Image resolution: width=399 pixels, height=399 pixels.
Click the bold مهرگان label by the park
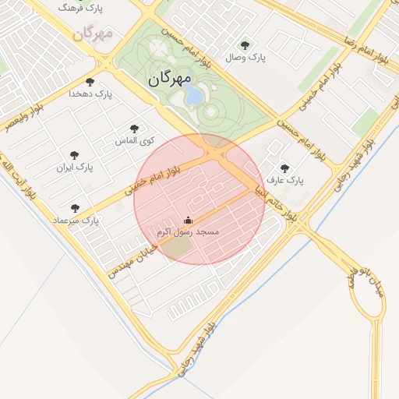168,79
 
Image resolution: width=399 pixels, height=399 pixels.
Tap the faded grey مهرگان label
93,34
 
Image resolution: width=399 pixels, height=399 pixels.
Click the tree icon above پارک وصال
245,45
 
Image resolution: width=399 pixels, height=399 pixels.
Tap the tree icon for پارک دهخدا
90,81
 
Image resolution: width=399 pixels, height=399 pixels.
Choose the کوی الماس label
135,140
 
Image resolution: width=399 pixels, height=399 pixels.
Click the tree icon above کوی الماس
135,128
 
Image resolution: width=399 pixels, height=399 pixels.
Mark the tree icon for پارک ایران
75,155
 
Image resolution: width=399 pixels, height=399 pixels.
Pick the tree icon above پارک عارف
283,168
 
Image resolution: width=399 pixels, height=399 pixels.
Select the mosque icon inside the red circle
188,221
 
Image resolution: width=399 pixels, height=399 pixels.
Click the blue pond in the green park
192,95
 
